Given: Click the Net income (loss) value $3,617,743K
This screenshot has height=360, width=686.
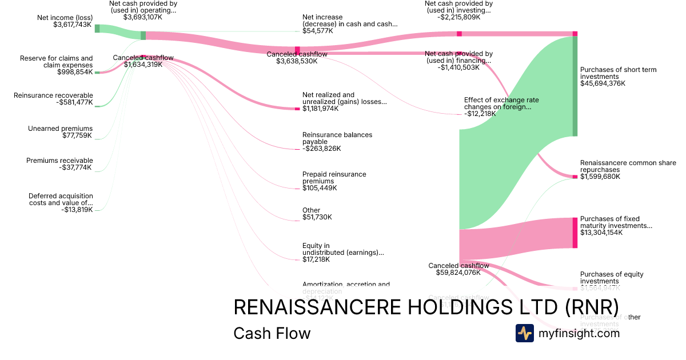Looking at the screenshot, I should [72, 25].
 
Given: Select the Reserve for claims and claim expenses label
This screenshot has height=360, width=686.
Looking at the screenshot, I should [56, 62].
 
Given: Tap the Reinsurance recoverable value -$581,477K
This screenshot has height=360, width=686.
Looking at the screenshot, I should [73, 102].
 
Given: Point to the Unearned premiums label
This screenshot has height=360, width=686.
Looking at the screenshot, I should [60, 129].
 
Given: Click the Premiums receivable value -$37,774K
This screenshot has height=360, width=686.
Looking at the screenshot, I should [75, 167].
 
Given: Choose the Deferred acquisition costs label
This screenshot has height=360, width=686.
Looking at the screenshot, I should [61, 199].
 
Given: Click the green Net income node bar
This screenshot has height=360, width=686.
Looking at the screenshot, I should [97, 29].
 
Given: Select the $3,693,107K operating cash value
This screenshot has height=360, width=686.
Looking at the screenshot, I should [142, 17].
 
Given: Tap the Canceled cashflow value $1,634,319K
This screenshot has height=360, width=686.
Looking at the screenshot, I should [143, 65].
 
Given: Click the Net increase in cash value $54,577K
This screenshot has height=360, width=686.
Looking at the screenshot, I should [317, 31].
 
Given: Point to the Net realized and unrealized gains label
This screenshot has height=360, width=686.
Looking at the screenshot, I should [344, 98].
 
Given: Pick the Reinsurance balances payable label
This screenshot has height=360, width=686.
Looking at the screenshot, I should [337, 138].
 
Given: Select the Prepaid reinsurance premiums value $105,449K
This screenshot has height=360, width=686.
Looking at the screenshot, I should [319, 188].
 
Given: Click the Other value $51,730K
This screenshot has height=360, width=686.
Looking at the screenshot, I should [317, 217].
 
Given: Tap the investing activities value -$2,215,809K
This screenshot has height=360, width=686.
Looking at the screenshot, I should [458, 17].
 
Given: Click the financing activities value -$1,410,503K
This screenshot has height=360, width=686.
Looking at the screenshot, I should [458, 67].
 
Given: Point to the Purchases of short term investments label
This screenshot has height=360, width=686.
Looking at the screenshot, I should [618, 73].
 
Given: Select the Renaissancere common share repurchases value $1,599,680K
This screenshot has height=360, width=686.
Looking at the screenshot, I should [600, 177].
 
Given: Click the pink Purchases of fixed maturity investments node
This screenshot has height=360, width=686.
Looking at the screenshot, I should [575, 233].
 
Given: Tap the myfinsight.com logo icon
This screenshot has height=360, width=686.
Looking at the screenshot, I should [525, 333].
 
